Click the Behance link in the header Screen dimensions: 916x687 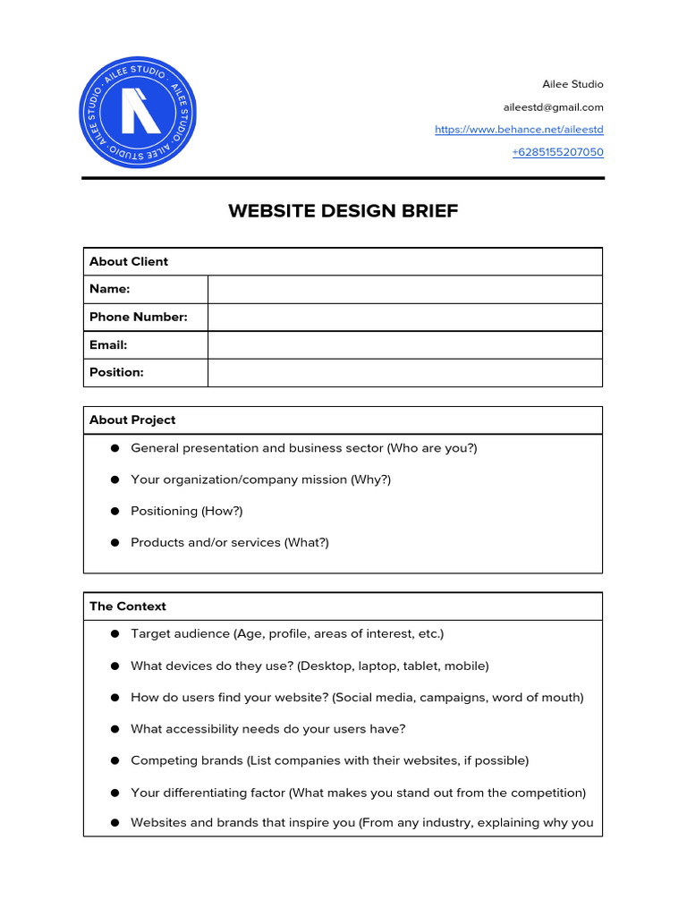click(519, 130)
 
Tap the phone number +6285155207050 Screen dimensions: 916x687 click(557, 152)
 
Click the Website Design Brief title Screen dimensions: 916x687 click(343, 211)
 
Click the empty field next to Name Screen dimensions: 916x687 click(404, 289)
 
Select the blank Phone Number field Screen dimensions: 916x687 click(404, 317)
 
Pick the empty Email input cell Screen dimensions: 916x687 click(404, 344)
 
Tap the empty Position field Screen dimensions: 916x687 click(404, 372)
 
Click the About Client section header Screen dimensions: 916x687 click(129, 261)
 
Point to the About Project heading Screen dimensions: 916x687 click(132, 420)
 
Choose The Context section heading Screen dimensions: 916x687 click(128, 606)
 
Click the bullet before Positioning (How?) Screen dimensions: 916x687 click(114, 511)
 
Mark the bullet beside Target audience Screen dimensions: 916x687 click(114, 633)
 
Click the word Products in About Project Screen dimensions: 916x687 click(155, 542)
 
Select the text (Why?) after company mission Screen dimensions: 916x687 click(370, 479)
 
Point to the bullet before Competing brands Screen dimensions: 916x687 click(114, 760)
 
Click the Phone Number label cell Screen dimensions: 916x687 click(139, 317)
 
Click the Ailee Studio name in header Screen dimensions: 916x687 click(572, 84)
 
